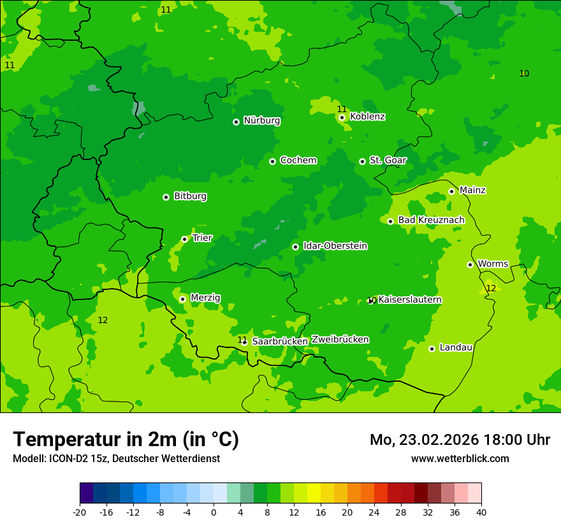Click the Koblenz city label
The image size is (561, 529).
coord(367,117)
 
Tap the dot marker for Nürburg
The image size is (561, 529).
coord(236,122)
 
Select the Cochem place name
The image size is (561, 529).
coord(298,161)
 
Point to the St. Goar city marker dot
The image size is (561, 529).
coord(362,161)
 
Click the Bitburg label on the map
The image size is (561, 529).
coord(190,196)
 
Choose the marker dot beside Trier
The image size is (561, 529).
coord(184,239)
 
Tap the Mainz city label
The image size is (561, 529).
coord(472,191)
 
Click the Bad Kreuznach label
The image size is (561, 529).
coord(431,221)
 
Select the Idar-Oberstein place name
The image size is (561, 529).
coord(335,246)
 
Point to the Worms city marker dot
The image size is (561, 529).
coord(470,264)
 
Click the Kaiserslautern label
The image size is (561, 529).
coord(410,300)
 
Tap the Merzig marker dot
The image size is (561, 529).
coord(182,299)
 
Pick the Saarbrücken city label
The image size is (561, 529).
coord(280,342)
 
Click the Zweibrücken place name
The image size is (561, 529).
coord(340,340)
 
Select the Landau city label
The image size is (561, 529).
coord(456,348)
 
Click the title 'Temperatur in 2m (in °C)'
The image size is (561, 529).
coord(126,440)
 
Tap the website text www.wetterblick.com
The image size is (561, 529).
coord(460,459)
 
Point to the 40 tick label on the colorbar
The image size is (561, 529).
coord(481,512)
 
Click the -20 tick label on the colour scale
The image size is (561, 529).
coord(79,512)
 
